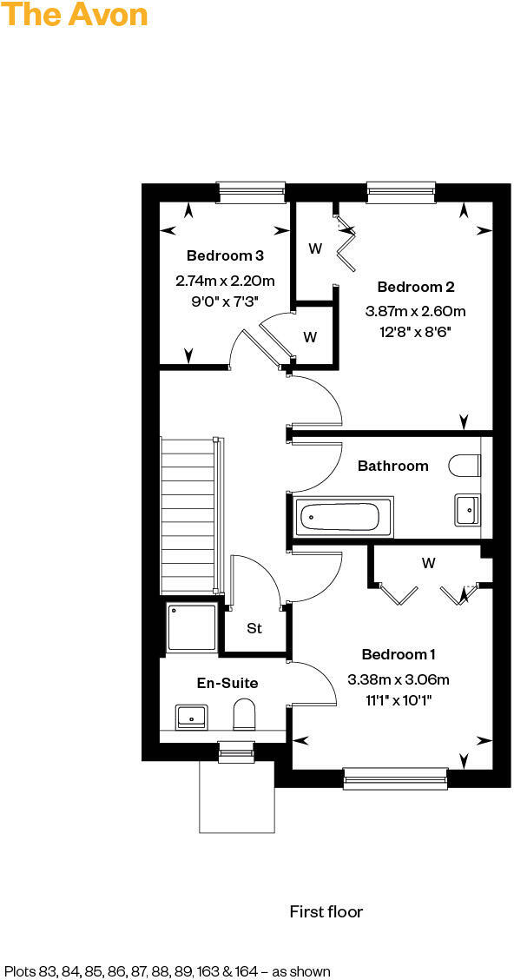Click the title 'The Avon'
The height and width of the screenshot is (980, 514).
click(74, 15)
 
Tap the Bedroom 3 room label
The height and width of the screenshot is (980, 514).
click(225, 255)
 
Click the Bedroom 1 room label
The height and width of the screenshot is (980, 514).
click(399, 654)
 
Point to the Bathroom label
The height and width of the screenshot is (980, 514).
click(392, 466)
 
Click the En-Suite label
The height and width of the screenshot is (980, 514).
click(227, 683)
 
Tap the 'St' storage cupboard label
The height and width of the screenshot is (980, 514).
click(254, 628)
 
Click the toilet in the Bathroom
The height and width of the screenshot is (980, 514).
click(464, 467)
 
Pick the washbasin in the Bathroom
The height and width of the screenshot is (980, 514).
click(467, 508)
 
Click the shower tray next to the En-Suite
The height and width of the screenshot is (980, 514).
click(190, 627)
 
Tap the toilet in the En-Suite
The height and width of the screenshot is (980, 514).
click(245, 716)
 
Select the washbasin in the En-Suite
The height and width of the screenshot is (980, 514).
click(191, 717)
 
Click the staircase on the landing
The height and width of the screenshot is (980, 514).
click(188, 513)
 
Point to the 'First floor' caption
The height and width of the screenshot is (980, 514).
click(326, 911)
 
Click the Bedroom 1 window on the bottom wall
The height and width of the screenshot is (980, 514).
click(395, 778)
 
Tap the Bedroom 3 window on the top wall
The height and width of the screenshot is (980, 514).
click(251, 192)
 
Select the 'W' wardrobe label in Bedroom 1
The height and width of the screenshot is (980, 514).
click(428, 563)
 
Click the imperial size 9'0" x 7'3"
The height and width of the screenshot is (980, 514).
click(225, 300)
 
